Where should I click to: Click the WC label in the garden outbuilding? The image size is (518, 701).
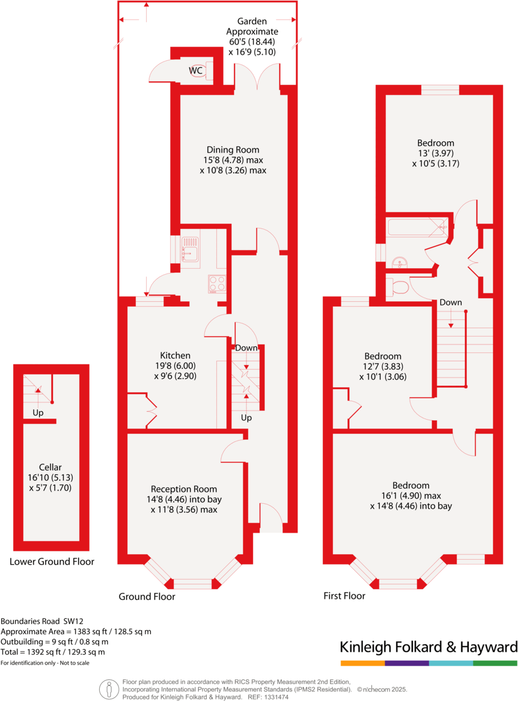(x=196, y=71)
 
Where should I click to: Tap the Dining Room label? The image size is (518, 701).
(x=233, y=150)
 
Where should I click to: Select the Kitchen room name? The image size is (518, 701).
(x=175, y=355)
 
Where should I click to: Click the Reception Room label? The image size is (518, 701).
(x=184, y=489)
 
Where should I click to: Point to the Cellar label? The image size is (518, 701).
(x=50, y=467)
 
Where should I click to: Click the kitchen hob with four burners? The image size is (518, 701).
(x=217, y=283)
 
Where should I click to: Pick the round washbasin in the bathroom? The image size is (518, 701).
(x=400, y=263)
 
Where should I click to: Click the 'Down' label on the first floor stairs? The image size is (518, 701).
(x=450, y=302)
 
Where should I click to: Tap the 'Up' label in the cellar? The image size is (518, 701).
(x=38, y=413)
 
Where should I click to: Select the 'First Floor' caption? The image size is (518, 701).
(x=344, y=596)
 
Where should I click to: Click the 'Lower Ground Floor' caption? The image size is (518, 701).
(x=52, y=562)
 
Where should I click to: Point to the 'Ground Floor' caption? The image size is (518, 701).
(x=147, y=597)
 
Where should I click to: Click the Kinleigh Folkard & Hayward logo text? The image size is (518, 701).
(x=428, y=647)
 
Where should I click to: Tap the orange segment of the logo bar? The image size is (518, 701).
(x=362, y=663)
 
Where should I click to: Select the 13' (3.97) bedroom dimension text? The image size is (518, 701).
(x=436, y=153)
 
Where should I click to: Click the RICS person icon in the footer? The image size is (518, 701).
(x=109, y=689)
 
